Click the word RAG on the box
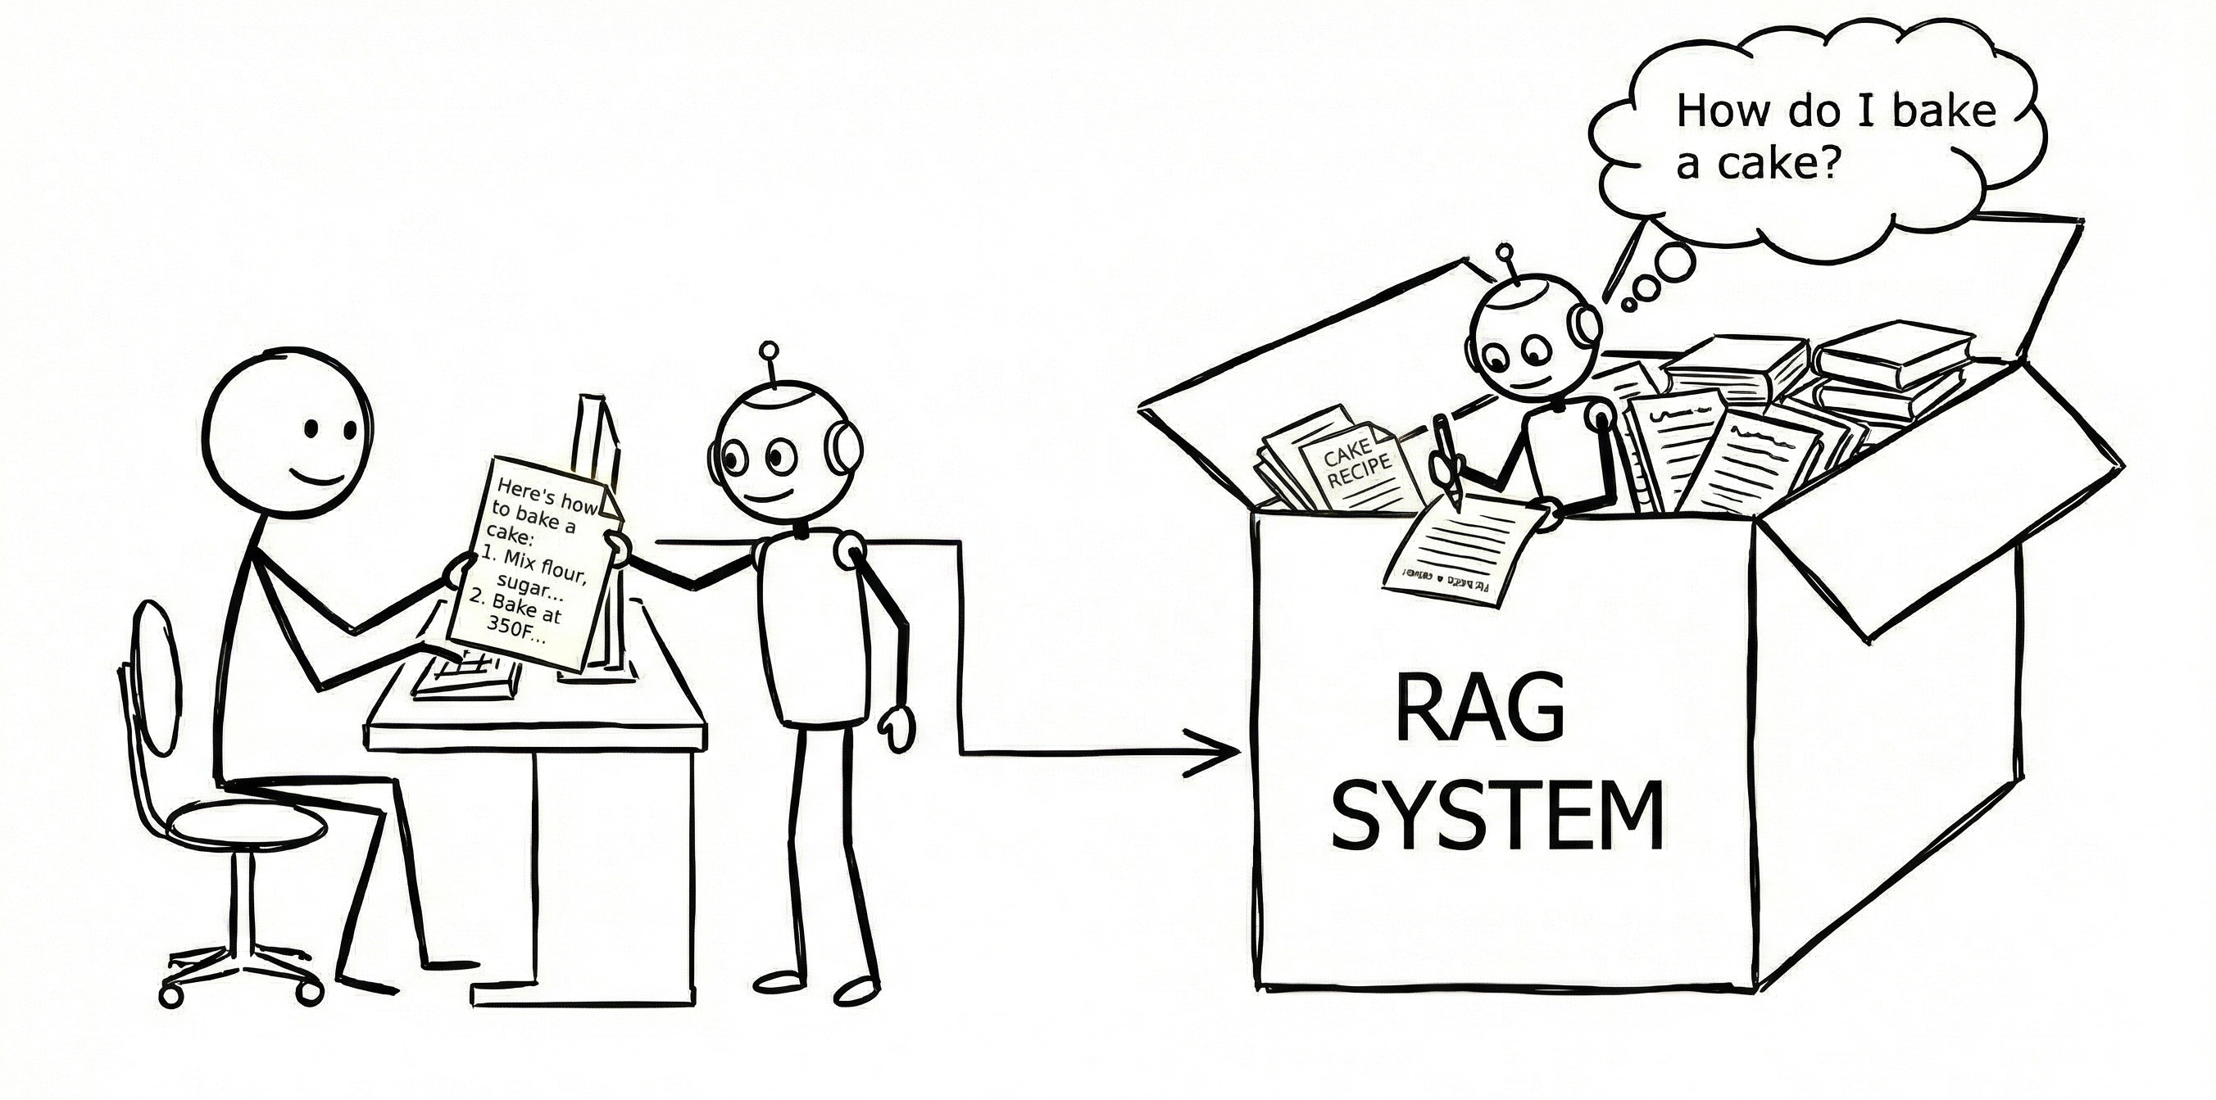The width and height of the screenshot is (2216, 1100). click(x=1478, y=707)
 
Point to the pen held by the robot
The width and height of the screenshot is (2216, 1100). click(x=1447, y=459)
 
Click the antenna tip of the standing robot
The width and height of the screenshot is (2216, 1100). click(x=769, y=351)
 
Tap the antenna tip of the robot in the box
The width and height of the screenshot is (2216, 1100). click(x=1505, y=252)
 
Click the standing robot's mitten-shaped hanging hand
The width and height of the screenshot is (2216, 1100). click(x=897, y=727)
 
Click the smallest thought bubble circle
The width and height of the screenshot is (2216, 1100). click(x=1628, y=304)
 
